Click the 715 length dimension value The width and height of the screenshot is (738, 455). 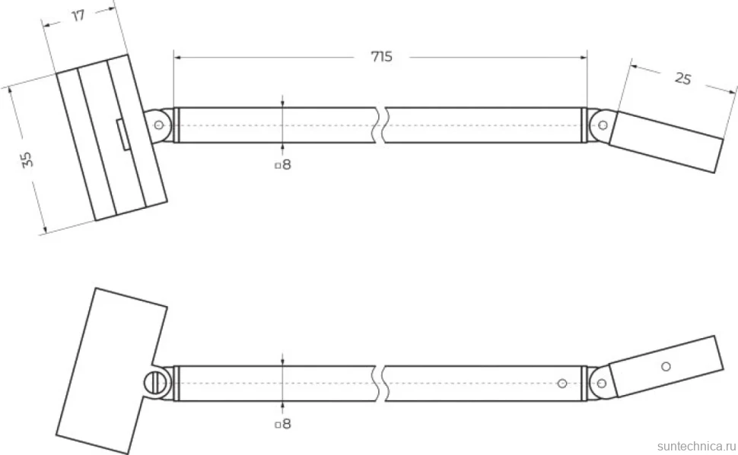[x=381, y=56]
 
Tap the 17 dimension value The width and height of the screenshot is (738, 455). [x=78, y=15]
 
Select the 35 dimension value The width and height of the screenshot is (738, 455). [x=27, y=159]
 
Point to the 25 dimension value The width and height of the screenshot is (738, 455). [x=683, y=78]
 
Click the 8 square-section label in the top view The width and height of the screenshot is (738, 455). [x=283, y=165]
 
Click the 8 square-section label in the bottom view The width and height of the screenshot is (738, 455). [x=283, y=424]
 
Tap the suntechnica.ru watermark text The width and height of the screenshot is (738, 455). [x=696, y=446]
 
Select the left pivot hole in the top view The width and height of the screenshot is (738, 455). [x=158, y=125]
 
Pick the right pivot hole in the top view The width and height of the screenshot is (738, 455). [x=603, y=125]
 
